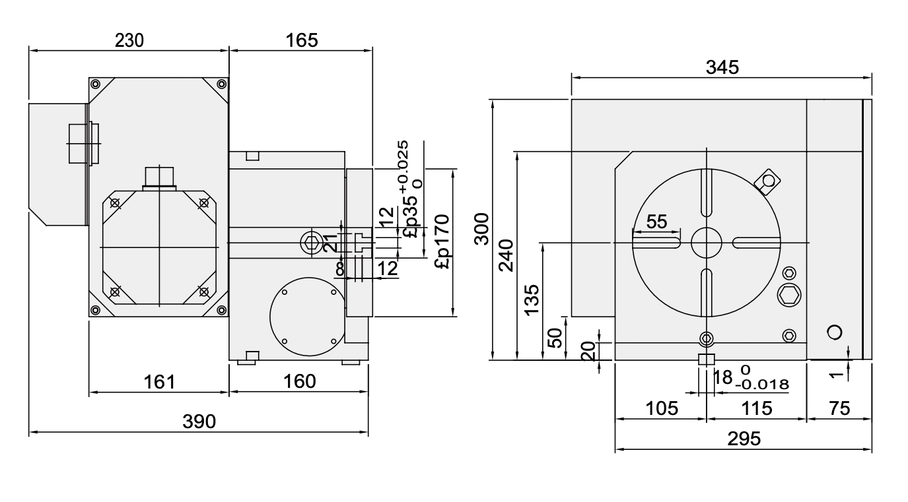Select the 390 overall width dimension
[x=199, y=422]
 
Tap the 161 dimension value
[x=158, y=381]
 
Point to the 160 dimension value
[x=298, y=381]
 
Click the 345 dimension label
[x=722, y=67]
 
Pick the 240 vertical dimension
[x=506, y=255]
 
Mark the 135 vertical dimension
[x=532, y=299]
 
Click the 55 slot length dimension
[x=656, y=222]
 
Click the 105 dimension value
[x=661, y=408]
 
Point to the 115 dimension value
[x=756, y=408]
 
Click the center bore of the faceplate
[x=707, y=243]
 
